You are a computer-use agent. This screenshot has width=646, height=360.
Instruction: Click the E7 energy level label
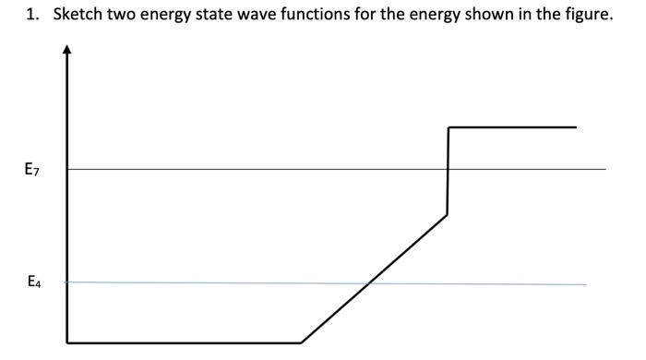pyautogui.click(x=32, y=169)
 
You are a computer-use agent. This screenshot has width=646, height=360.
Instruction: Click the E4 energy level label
pyautogui.click(x=33, y=282)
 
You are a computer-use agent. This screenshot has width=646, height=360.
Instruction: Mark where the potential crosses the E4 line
pyautogui.click(x=369, y=282)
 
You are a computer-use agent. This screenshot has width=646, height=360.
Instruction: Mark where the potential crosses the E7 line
pyautogui.click(x=448, y=169)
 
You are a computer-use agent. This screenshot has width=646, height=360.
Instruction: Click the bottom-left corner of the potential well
pyautogui.click(x=67, y=342)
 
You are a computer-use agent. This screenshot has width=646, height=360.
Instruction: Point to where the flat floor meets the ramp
pyautogui.click(x=301, y=342)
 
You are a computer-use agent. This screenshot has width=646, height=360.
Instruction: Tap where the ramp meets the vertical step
pyautogui.click(x=447, y=215)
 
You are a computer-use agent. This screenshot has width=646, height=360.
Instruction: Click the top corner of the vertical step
pyautogui.click(x=449, y=127)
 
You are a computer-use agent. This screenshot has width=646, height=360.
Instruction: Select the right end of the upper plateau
pyautogui.click(x=576, y=127)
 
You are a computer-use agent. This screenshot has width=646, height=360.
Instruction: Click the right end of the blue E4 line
pyautogui.click(x=585, y=284)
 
